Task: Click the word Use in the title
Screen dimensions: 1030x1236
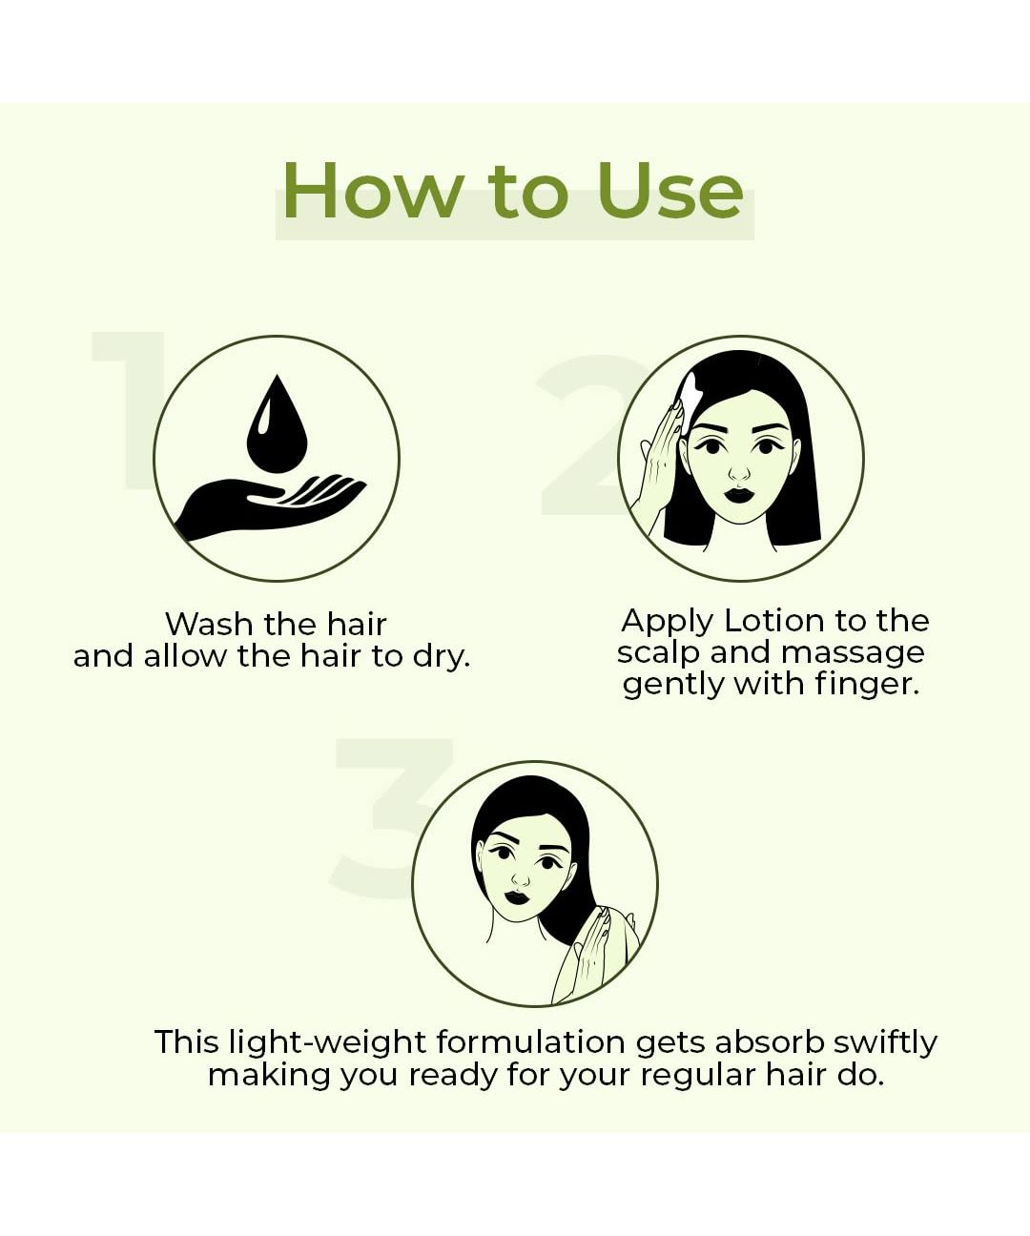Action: coord(670,191)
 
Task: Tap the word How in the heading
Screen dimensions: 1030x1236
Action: coord(372,191)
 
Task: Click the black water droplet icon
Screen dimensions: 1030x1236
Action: coord(277,423)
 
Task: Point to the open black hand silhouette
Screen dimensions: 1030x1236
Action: coord(271,506)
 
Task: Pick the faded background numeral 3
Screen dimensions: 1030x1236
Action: coord(391,818)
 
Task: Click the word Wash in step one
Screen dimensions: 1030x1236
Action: coord(210,624)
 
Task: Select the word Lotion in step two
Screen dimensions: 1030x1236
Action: coord(773,620)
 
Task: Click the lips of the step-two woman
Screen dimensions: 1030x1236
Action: coord(739,495)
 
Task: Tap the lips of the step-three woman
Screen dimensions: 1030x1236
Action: coord(517,896)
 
